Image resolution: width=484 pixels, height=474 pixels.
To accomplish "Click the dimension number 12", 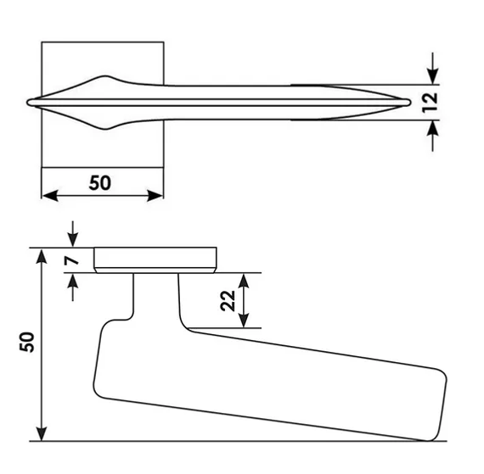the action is [430, 103].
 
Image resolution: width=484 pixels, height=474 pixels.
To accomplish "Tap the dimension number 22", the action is [228, 300].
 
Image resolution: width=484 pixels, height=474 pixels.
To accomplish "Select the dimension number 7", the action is [71, 260].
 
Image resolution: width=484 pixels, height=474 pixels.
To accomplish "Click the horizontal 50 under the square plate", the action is [99, 183].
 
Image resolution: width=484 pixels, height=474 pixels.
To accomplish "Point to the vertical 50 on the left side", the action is [27, 342].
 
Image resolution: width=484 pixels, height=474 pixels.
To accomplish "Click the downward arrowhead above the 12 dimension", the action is [433, 76].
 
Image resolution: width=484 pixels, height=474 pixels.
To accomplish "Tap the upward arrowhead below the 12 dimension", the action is [433, 128].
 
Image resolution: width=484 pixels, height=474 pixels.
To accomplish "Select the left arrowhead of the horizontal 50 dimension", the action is [50, 195].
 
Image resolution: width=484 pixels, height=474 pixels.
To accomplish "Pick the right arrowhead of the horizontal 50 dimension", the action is [155, 195].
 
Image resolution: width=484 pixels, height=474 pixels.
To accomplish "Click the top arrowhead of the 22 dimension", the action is [244, 281].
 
